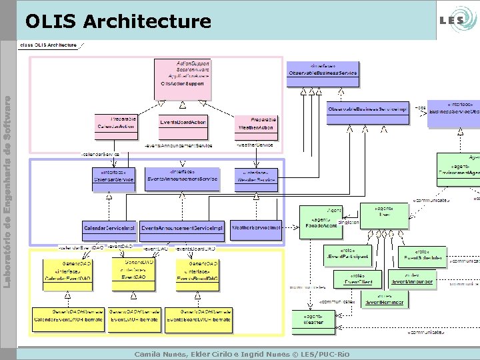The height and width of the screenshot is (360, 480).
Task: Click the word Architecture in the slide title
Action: coord(147,22)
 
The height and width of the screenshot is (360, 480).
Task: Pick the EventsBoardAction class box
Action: coord(183,123)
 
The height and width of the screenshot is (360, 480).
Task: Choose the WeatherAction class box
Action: coord(254,123)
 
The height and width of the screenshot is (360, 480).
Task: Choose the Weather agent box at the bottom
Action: coord(314,319)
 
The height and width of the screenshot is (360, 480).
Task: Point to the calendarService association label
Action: coord(100,154)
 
